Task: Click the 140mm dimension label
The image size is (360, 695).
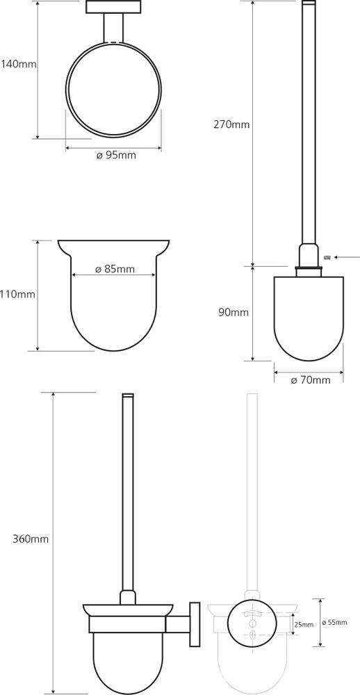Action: pyautogui.click(x=18, y=64)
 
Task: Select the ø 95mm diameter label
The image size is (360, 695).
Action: pyautogui.click(x=115, y=155)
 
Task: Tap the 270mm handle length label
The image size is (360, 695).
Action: pyautogui.click(x=231, y=124)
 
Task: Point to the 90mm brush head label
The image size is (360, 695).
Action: pyautogui.click(x=234, y=313)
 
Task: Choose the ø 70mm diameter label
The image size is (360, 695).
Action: pyautogui.click(x=310, y=380)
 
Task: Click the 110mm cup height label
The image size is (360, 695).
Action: pyautogui.click(x=18, y=294)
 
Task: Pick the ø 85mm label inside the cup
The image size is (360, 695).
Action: pyautogui.click(x=115, y=269)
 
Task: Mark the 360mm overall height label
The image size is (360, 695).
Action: pyautogui.click(x=31, y=539)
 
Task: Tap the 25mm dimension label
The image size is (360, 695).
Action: pyautogui.click(x=304, y=625)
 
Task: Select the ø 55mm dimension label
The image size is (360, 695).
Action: pyautogui.click(x=335, y=622)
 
